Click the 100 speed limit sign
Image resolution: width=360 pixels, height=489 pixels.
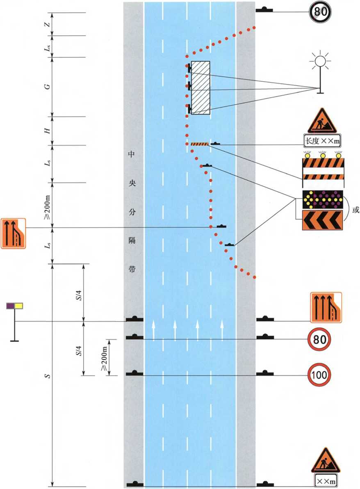pos(320,374)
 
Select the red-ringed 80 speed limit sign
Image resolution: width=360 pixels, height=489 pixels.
pos(320,338)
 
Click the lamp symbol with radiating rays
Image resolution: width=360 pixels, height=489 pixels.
pos(320,62)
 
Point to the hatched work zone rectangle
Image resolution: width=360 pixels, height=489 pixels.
pos(201,87)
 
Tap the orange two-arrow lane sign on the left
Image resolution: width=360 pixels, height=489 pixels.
pos(14,233)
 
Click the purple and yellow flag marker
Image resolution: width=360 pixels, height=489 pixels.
pos(14,306)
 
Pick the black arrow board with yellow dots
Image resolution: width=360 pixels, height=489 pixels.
pos(322,200)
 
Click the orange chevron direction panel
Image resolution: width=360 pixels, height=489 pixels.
pos(322,220)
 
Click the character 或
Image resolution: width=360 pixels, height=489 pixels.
pos(355,210)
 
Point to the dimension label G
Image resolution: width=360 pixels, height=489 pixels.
pos(48,86)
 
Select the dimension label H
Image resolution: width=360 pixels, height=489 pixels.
pos(48,131)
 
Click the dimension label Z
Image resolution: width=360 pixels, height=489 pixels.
pos(48,24)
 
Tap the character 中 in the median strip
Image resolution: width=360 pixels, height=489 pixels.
pos(132,155)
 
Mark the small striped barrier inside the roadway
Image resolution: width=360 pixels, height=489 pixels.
pos(200,144)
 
